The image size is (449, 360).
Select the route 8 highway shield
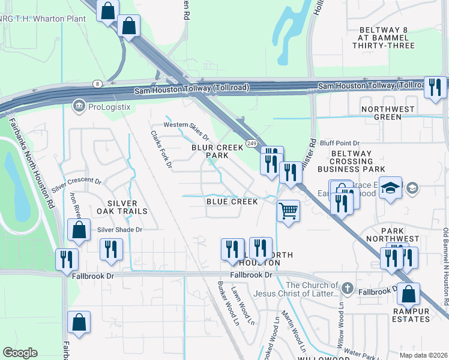(96, 83)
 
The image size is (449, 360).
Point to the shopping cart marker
(289, 212)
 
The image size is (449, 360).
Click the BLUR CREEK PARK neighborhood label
(217, 151)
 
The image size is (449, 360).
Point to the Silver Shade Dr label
(119, 229)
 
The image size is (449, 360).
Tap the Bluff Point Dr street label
(339, 143)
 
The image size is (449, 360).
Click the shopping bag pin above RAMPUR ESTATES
(408, 294)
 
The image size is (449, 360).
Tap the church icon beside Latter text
(347, 289)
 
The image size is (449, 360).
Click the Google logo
(20, 353)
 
